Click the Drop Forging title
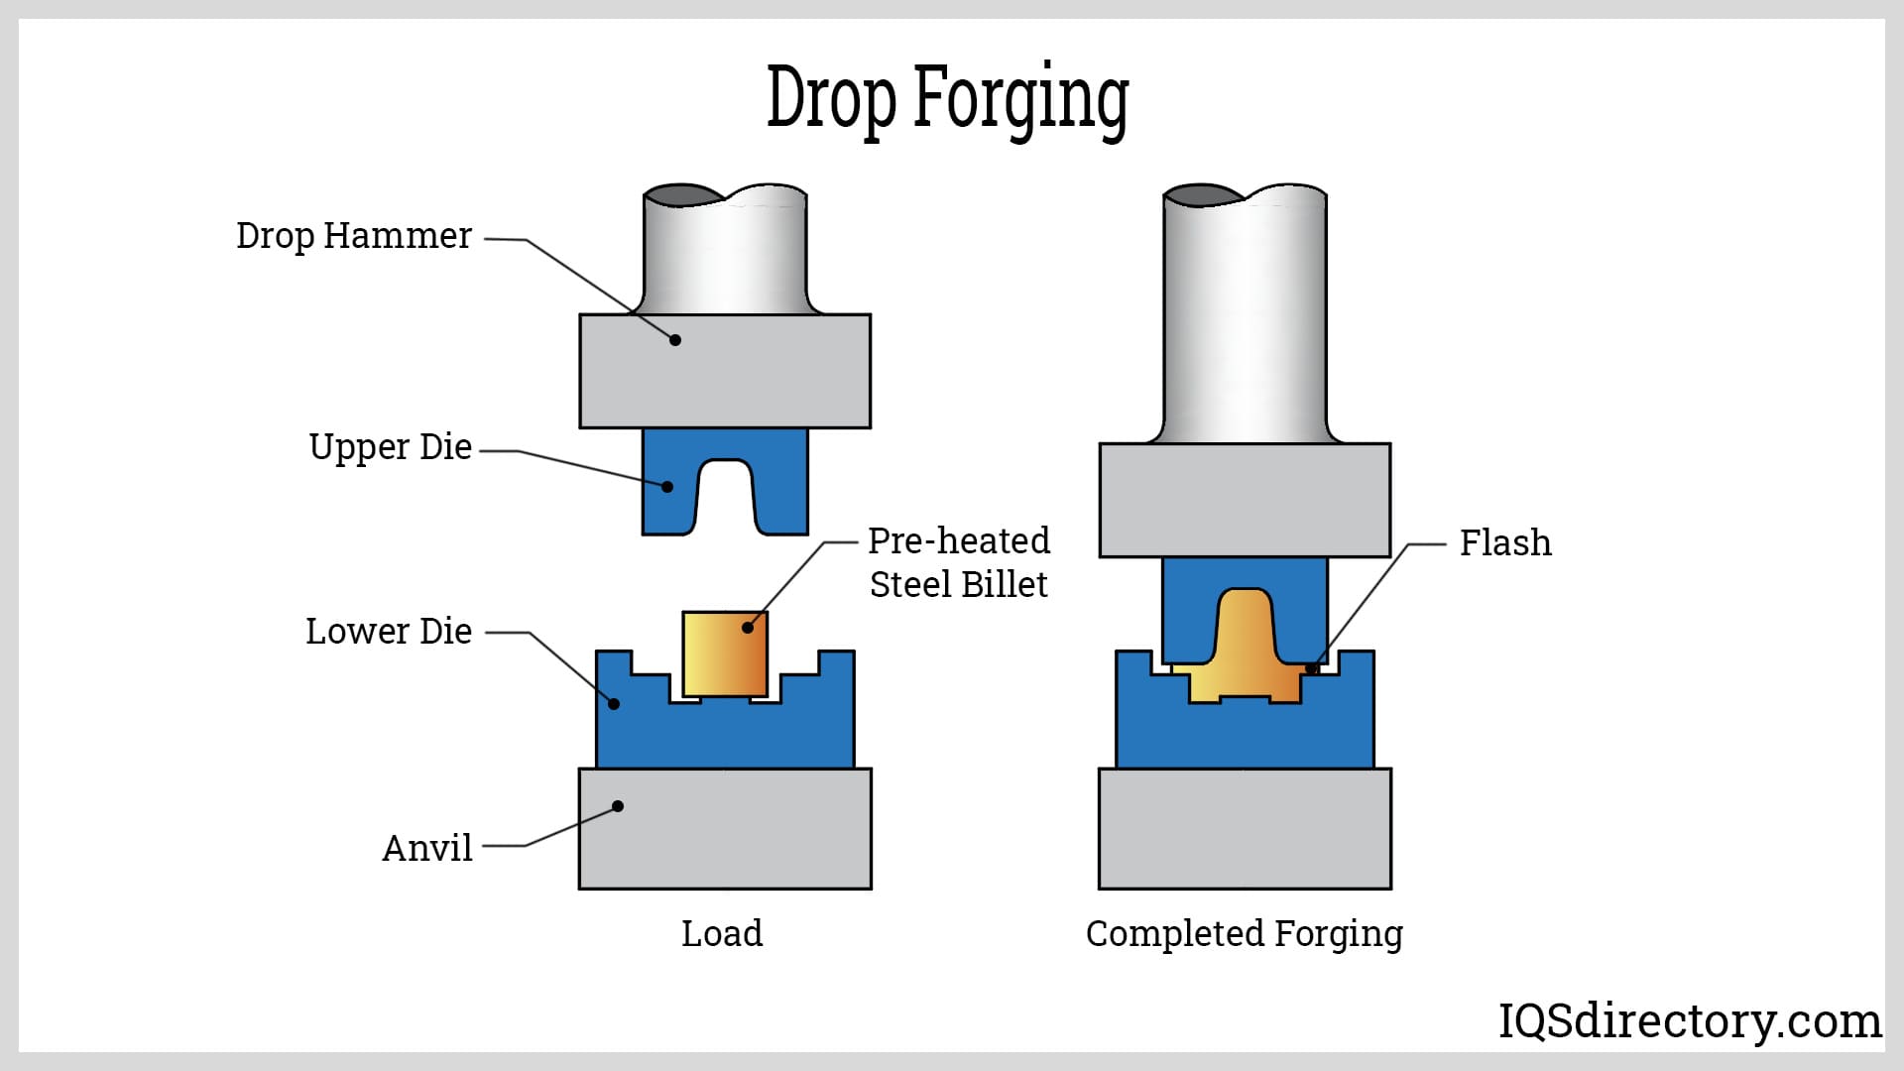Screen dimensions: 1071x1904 [948, 98]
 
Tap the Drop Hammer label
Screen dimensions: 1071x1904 [354, 236]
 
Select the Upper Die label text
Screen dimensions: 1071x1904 [390, 447]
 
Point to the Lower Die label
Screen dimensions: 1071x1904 [389, 632]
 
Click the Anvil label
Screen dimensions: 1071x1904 [427, 849]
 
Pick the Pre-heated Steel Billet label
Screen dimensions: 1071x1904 [959, 562]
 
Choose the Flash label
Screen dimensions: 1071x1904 [1505, 543]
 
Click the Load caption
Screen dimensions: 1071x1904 [722, 933]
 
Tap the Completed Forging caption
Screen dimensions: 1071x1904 [1245, 933]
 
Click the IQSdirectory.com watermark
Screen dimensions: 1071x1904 [1690, 1020]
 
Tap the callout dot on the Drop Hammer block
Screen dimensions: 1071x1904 [675, 340]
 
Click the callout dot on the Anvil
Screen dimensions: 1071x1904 [618, 806]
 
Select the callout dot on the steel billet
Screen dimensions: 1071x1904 [748, 628]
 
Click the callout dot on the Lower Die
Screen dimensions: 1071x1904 [614, 704]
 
